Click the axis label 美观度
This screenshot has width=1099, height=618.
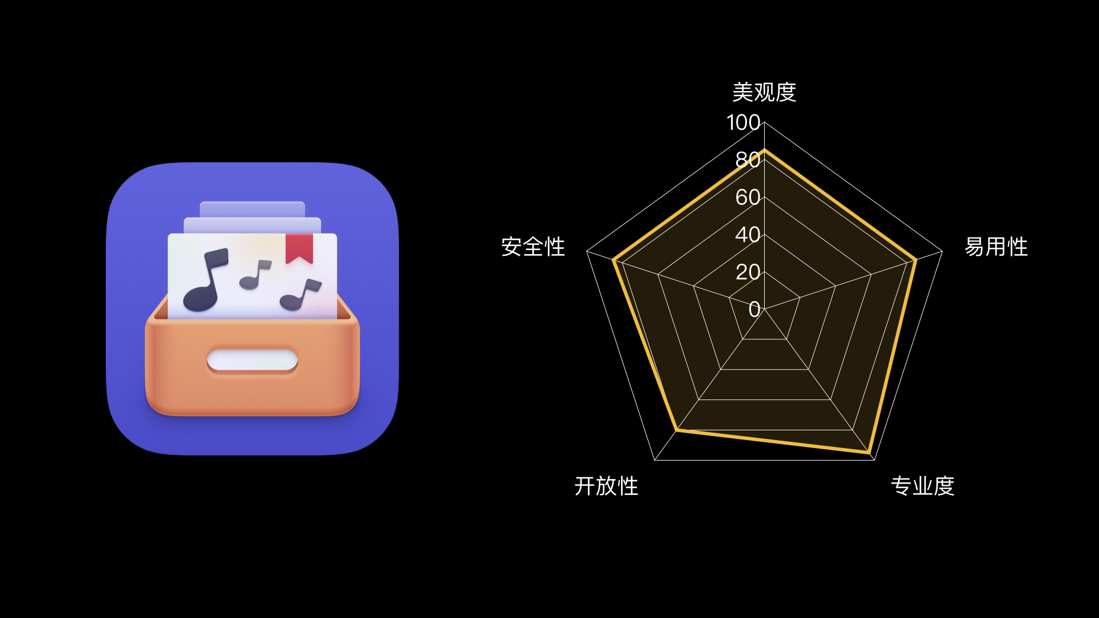pos(764,92)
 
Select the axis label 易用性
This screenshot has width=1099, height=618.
pos(996,247)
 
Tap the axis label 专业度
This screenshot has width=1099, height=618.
pos(923,486)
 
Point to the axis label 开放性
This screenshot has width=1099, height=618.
pos(606,486)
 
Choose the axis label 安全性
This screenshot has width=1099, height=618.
pos(533,247)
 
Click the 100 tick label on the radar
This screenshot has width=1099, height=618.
pos(743,122)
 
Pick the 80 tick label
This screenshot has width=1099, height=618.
pos(748,160)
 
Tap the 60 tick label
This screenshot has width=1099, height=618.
pos(748,197)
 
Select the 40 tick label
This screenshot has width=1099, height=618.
pos(748,235)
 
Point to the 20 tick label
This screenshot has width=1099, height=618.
pos(748,272)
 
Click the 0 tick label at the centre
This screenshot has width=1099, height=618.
pos(754,309)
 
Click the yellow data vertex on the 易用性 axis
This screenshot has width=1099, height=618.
pos(915,260)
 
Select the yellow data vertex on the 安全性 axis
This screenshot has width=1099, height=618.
pos(614,260)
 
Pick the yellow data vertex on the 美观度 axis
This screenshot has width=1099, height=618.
pos(764,150)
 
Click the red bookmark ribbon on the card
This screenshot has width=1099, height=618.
pos(299,248)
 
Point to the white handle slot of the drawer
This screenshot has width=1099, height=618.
pos(252,360)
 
